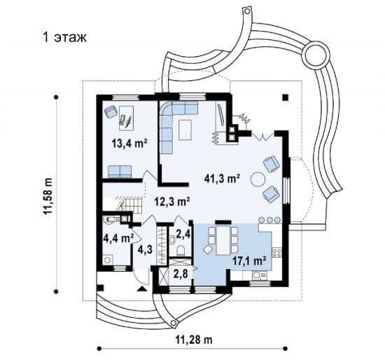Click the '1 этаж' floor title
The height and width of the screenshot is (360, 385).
64,38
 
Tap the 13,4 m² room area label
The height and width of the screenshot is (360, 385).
129,144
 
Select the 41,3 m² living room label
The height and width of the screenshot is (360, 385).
222,179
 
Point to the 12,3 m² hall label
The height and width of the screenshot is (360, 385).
172,202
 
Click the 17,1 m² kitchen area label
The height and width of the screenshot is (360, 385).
250,261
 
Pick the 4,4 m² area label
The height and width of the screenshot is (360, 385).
118,238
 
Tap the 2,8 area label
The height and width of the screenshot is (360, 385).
181,274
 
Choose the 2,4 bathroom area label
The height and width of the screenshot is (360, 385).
183,235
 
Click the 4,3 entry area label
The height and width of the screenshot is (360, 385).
145,249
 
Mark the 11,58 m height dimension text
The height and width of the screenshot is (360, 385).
48,196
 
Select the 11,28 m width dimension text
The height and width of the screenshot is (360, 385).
194,340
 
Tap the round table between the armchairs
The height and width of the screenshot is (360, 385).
258,179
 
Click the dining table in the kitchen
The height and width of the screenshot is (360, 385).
223,240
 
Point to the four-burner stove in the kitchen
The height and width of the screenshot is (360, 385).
277,252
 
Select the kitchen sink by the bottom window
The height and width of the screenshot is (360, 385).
260,275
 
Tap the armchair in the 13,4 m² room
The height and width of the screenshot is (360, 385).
111,111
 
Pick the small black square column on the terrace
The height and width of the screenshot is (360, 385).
285,97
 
